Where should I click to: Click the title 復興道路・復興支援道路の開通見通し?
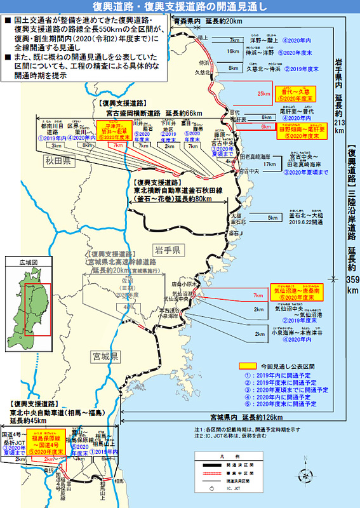coord(180,7)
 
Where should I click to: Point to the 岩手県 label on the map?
coord(168,248)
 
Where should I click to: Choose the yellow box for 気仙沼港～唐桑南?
coord(296,292)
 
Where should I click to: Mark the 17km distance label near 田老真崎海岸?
coord(269,164)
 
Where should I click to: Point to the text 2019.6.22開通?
coord(306,223)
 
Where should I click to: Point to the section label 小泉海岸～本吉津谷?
coord(302,331)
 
